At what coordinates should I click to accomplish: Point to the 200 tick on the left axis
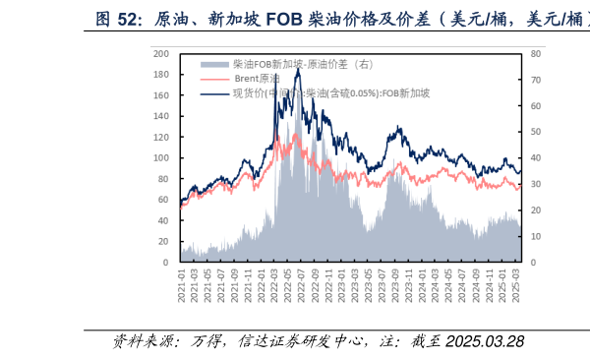pyautogui.click(x=163, y=54)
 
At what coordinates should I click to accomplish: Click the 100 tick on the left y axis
pyautogui.click(x=163, y=158)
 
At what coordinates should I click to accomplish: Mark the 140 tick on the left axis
pyautogui.click(x=163, y=117)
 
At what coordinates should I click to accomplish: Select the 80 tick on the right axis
pyautogui.click(x=535, y=54)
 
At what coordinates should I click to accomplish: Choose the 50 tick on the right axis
pyautogui.click(x=535, y=133)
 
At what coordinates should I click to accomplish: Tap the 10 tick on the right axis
pyautogui.click(x=535, y=237)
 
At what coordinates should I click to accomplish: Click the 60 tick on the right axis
pyautogui.click(x=535, y=106)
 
